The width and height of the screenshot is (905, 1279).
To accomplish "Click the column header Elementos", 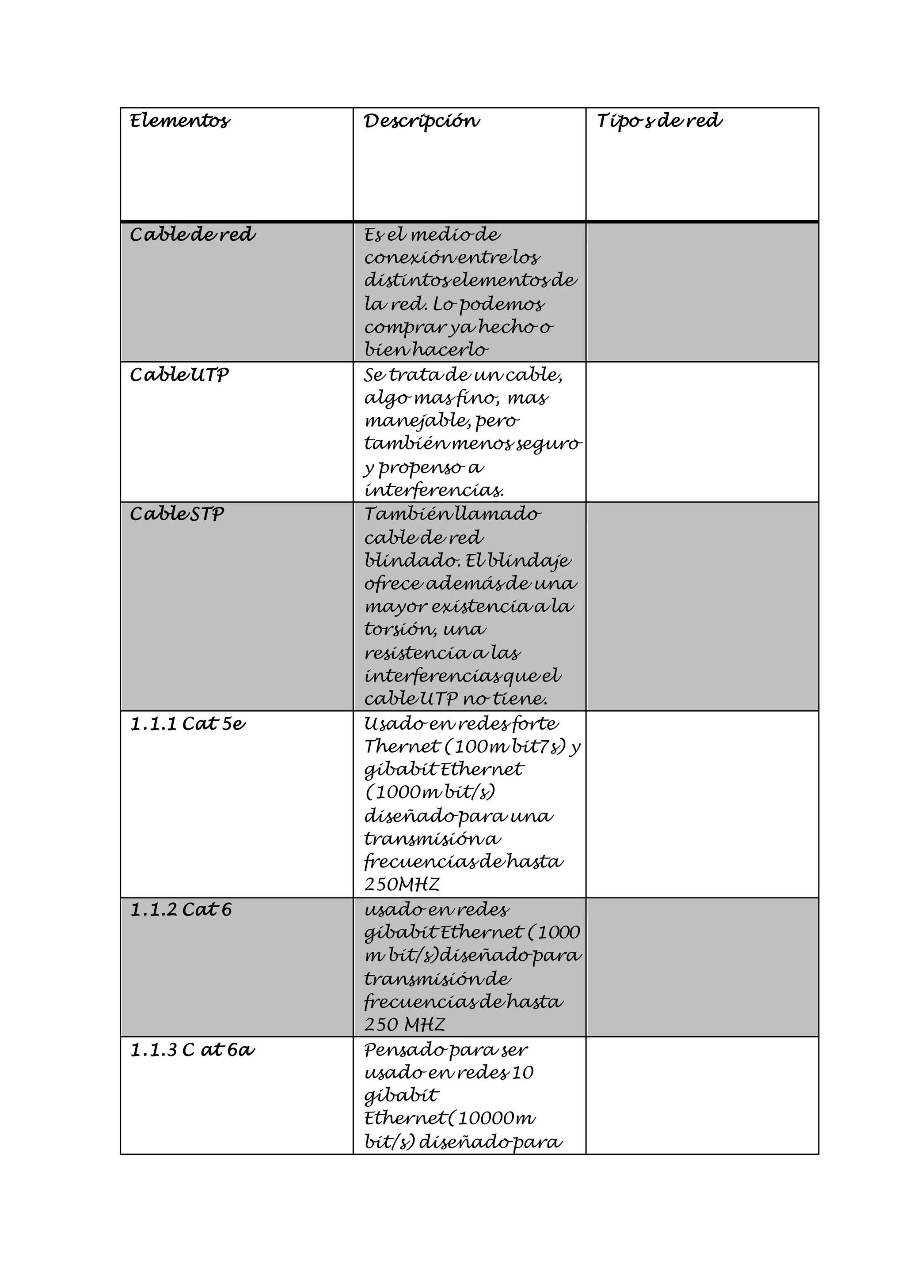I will coord(179,121).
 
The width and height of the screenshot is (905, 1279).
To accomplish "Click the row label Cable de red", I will coord(192,235).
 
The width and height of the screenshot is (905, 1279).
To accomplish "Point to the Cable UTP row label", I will coord(179,375).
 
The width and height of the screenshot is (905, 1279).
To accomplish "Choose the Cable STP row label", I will coord(177,514).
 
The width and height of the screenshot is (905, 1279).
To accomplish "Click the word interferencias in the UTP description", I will coord(433,490).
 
